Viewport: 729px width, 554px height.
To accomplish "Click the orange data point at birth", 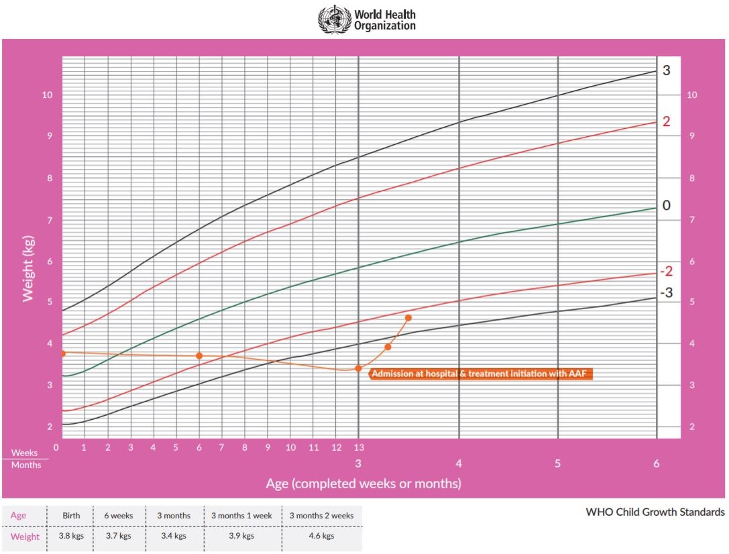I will [62, 353].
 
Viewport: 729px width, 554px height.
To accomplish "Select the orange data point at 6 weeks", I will [199, 355].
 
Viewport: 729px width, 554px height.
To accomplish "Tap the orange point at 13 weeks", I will [358, 368].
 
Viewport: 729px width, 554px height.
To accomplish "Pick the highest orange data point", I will [408, 318].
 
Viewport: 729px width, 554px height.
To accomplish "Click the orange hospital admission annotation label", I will [481, 374].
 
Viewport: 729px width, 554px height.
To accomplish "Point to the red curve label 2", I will [666, 121].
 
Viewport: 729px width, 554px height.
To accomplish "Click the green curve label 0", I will [666, 205].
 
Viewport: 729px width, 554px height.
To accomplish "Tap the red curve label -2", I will [666, 272].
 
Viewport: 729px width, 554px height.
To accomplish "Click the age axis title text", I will [363, 484].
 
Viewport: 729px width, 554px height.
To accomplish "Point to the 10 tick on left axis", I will [48, 95].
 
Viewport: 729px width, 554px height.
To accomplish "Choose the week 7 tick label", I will [222, 447].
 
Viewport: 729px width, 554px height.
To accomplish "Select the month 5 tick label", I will [557, 463].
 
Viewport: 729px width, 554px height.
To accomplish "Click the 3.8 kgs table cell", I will [70, 537].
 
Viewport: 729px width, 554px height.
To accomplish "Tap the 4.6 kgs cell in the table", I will [321, 537].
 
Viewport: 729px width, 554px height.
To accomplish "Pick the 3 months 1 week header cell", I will [241, 516].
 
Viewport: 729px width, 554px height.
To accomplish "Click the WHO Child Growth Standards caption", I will [655, 512].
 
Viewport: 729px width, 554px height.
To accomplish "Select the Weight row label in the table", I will [25, 537].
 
